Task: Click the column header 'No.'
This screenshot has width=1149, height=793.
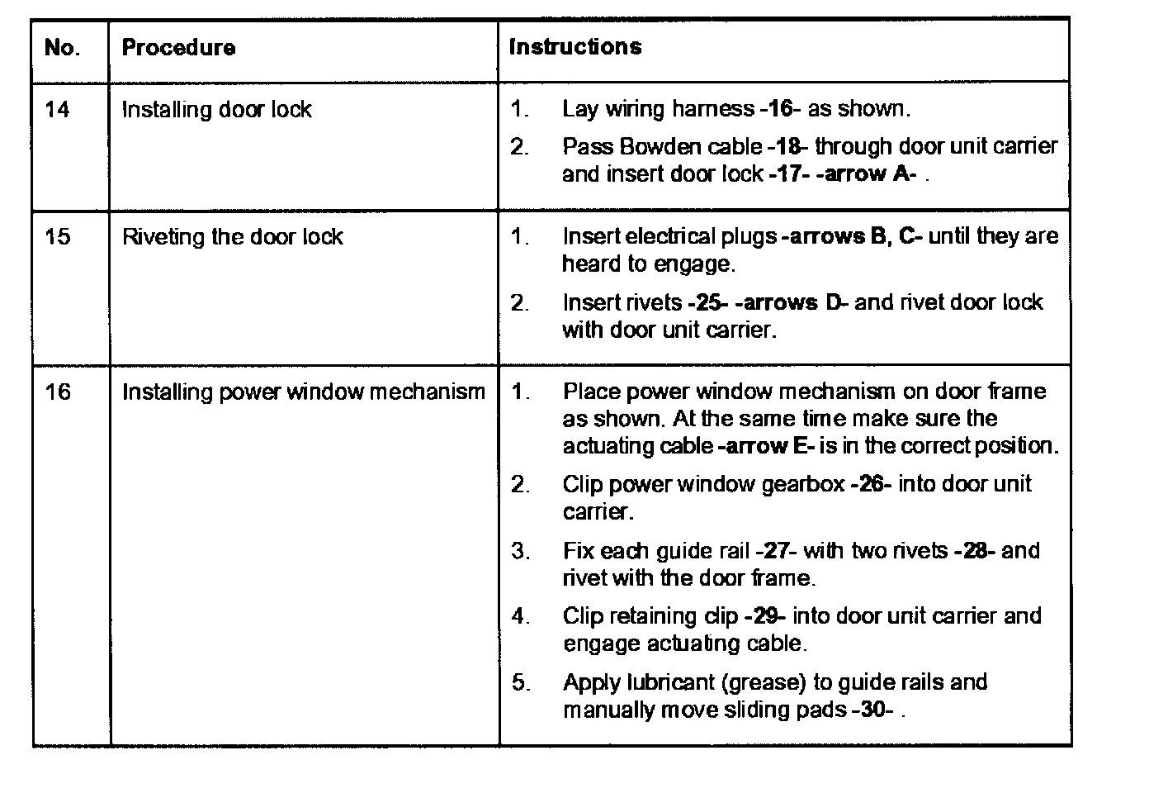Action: coord(62,48)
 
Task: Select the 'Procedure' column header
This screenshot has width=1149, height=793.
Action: coord(178,48)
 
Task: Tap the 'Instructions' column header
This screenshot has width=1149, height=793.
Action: coord(575,47)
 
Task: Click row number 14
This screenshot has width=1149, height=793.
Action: coord(57,110)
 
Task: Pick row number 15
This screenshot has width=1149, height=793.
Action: coord(57,237)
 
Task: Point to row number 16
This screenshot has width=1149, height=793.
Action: coord(57,392)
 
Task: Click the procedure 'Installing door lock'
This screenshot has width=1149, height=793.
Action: coord(217,110)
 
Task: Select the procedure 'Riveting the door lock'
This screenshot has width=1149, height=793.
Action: coord(233,237)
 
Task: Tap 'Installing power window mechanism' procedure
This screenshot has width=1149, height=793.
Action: coord(304,392)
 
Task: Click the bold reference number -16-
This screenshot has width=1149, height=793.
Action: coord(779,109)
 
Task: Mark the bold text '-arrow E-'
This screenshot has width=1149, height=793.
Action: coord(767,446)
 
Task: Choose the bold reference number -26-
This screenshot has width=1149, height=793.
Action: coord(871,484)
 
